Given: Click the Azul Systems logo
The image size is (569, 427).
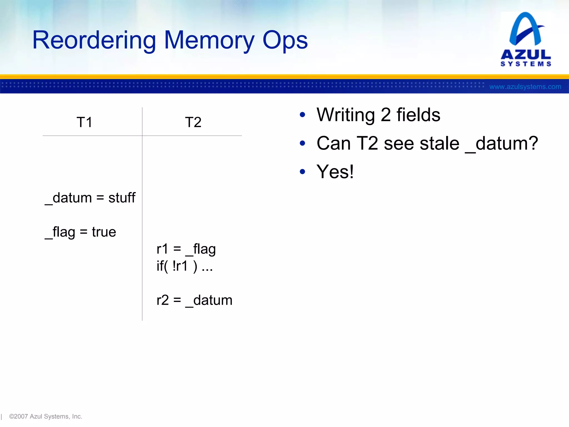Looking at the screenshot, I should pos(526,39).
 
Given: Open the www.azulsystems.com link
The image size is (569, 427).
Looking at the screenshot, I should pos(525,87).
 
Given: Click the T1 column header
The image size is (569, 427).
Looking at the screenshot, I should pos(84,122).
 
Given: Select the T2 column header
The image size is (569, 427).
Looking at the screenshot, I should pos(193,122).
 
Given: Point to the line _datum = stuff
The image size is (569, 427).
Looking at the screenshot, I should pos(90,198).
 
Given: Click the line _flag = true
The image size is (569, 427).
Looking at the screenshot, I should pos(80,232).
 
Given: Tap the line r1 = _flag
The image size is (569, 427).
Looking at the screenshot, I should pos(186,249).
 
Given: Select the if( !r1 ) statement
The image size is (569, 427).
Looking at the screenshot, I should pos(184,266).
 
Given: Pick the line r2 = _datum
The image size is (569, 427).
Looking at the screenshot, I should pos(194,301).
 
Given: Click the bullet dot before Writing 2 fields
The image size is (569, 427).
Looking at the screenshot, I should pos(303,115).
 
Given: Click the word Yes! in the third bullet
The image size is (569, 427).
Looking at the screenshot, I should pos(335,172).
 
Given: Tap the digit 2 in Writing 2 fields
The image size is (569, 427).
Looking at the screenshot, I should pos(386,115).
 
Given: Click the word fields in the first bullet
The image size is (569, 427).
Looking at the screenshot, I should pos(418,115).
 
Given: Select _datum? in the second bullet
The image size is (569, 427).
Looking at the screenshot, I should pos(501,144).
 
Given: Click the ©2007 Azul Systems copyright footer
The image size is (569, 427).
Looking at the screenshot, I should pos(46,416).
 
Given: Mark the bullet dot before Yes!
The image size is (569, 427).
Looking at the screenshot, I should pos(303,172).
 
